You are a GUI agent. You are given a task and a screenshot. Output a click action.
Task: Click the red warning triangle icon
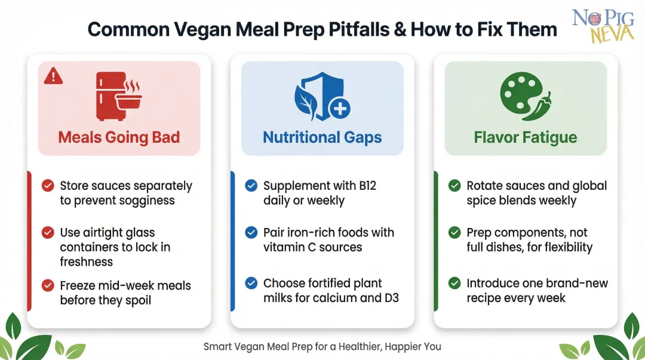click(x=54, y=75)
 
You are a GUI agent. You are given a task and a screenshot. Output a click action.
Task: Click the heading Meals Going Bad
click(x=119, y=137)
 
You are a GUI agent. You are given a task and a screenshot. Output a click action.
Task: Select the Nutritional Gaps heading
click(x=322, y=137)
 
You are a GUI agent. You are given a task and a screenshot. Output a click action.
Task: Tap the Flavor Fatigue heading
click(x=526, y=137)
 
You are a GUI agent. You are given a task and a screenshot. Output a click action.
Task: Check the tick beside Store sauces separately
click(x=48, y=186)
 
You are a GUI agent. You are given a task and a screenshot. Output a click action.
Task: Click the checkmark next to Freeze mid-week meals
click(x=48, y=286)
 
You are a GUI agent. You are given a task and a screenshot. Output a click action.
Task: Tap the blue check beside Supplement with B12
click(x=251, y=186)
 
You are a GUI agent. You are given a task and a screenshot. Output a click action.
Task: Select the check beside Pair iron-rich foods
click(x=251, y=232)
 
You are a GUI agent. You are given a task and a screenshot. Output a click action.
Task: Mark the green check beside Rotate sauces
click(x=454, y=186)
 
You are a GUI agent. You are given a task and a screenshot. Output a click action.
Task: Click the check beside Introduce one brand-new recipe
click(x=454, y=283)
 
